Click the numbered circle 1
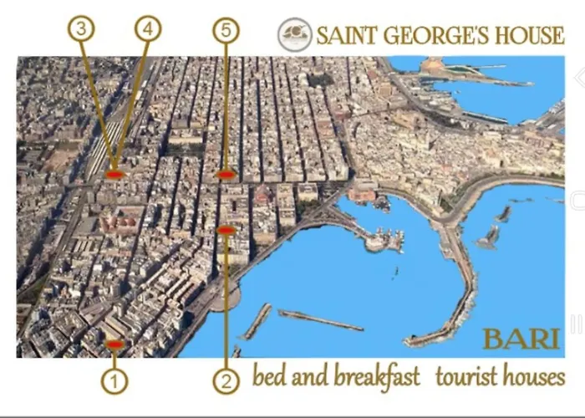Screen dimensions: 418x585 pyautogui.click(x=114, y=382)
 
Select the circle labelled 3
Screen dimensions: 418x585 pyautogui.click(x=81, y=30)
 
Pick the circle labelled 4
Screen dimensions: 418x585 pyautogui.click(x=148, y=30)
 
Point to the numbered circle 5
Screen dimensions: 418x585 pyautogui.click(x=226, y=30)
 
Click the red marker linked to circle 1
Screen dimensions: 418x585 pyautogui.click(x=114, y=344)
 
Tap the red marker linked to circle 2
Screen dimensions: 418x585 pyautogui.click(x=226, y=230)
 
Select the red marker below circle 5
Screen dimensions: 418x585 pyautogui.click(x=224, y=175)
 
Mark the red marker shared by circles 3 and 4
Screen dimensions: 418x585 pyautogui.click(x=115, y=175)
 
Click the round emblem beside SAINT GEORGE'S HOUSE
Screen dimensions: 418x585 pyautogui.click(x=294, y=35)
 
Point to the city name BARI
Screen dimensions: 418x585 pyautogui.click(x=521, y=339)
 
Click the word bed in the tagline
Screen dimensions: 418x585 pyautogui.click(x=270, y=378)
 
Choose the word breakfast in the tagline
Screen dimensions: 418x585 pyautogui.click(x=377, y=378)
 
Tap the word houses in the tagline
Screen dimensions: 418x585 pyautogui.click(x=533, y=378)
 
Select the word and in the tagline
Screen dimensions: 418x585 pyautogui.click(x=312, y=378)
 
